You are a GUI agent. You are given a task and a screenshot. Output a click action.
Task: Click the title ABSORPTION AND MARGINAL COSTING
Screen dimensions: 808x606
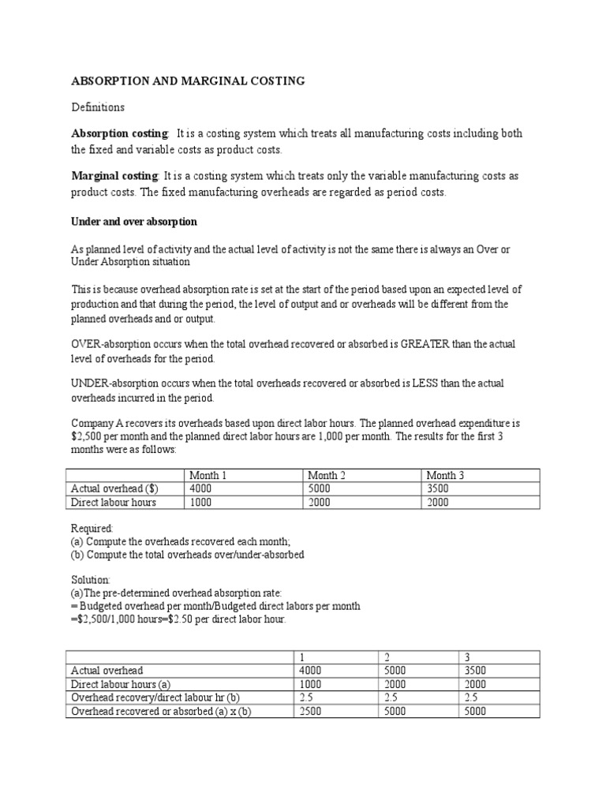click(x=188, y=81)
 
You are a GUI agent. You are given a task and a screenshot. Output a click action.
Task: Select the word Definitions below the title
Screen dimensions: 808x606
click(x=98, y=107)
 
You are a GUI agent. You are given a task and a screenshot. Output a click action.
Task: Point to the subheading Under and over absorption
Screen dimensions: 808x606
click(x=134, y=222)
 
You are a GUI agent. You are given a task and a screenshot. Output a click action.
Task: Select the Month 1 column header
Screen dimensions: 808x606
click(x=208, y=475)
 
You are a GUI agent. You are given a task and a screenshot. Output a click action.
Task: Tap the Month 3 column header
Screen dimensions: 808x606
click(x=446, y=475)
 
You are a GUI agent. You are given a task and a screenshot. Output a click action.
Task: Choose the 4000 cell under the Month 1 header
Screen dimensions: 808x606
click(x=201, y=488)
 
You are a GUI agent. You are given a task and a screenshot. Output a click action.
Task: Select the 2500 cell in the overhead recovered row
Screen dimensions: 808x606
click(x=312, y=711)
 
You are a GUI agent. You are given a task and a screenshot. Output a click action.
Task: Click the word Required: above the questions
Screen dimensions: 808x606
click(x=93, y=528)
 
